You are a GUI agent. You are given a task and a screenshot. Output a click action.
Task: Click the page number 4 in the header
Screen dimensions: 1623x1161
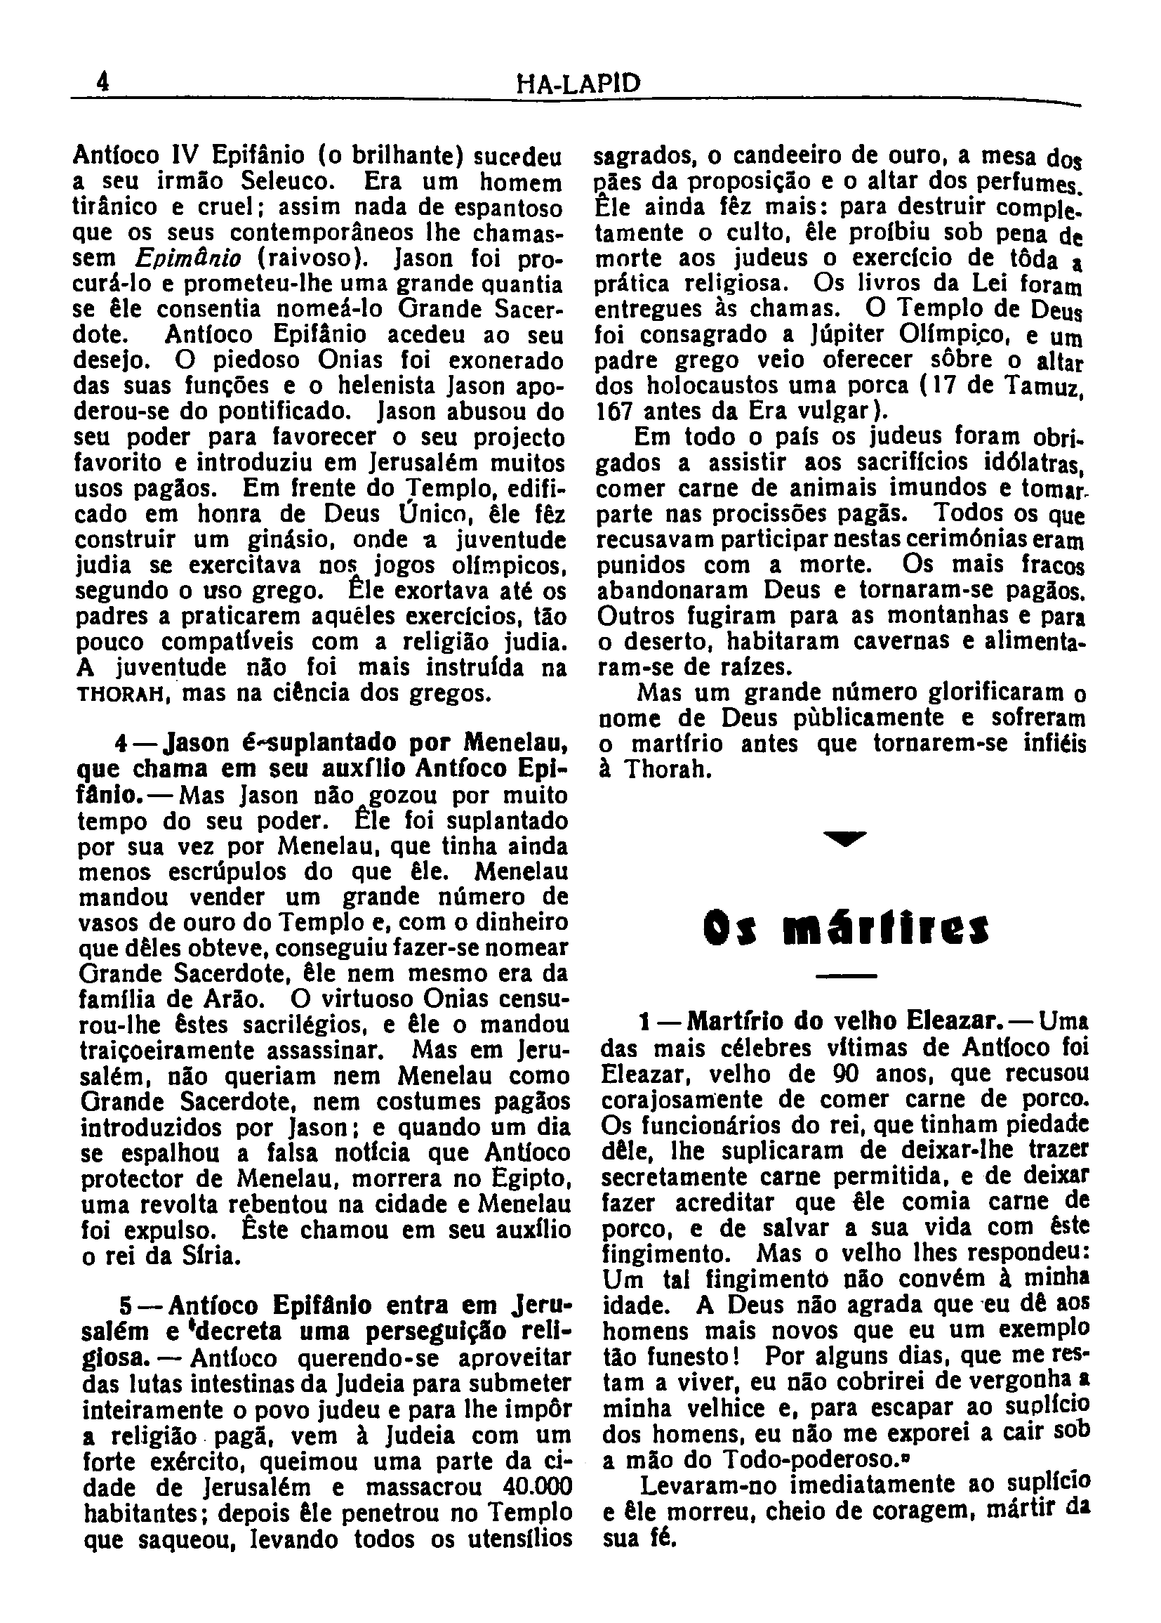coord(105,84)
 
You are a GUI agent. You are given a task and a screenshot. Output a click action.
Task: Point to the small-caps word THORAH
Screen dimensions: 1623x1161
coord(119,695)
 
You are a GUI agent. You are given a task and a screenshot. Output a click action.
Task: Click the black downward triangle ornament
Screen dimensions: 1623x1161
coord(844,838)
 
